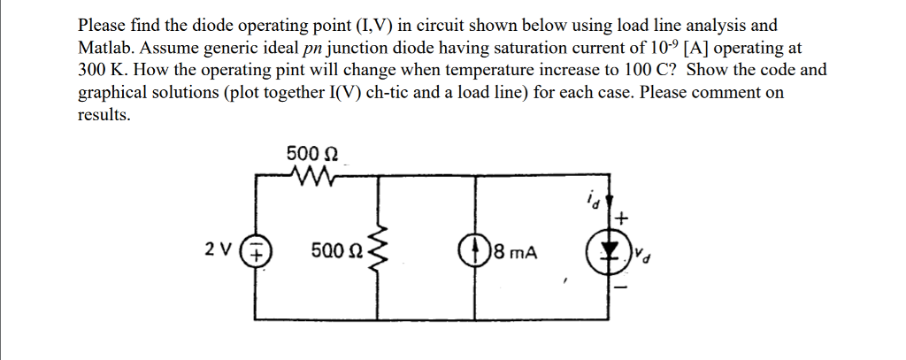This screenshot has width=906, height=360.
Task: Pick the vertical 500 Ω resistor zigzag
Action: [x=381, y=251]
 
